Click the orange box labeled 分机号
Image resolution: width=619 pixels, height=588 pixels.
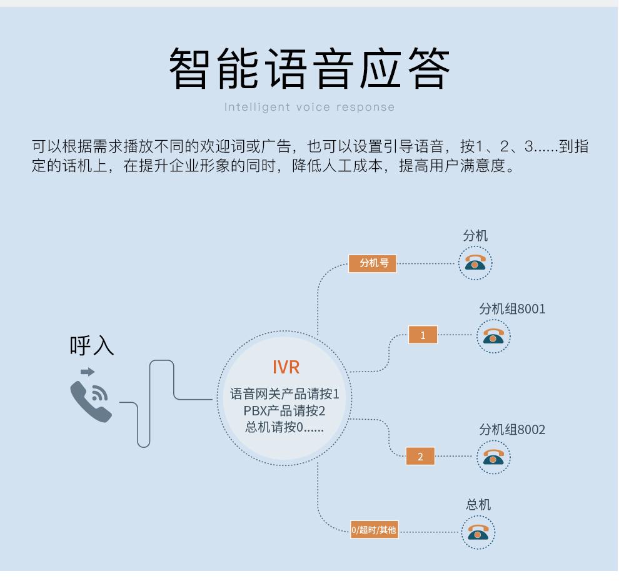(x=372, y=263)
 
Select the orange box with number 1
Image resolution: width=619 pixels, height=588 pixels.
(x=423, y=335)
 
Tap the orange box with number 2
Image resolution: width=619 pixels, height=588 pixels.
(x=420, y=456)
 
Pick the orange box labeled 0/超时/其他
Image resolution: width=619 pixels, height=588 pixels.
(x=374, y=530)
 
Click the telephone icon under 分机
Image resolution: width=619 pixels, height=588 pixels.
(x=475, y=263)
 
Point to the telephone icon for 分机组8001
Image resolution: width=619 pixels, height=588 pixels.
(x=493, y=337)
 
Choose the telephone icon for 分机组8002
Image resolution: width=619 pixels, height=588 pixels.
(x=493, y=457)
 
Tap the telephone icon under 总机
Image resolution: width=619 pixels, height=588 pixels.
(x=478, y=532)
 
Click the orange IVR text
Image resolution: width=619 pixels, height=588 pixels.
(x=286, y=367)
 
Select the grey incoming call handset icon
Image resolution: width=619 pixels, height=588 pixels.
(x=91, y=402)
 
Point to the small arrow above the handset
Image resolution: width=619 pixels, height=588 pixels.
(x=88, y=372)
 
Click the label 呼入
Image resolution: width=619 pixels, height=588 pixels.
(x=92, y=345)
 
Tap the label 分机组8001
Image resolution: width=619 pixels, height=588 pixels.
(x=513, y=309)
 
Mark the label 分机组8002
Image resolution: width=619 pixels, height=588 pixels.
(x=513, y=429)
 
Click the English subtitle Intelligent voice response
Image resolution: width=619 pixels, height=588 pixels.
(x=309, y=107)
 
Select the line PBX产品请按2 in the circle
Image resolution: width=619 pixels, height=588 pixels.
(x=284, y=411)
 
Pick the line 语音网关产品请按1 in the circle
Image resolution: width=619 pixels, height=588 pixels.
(x=284, y=393)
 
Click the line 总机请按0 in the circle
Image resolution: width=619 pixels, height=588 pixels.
(x=284, y=427)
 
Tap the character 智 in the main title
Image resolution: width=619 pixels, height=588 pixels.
(x=188, y=68)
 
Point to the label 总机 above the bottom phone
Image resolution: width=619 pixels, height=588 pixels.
(x=478, y=504)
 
